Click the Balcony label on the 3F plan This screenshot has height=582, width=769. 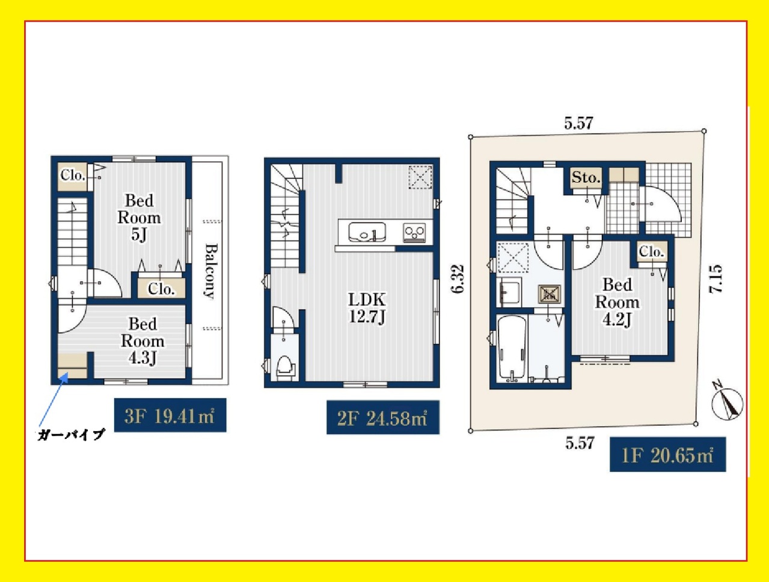coord(211,271)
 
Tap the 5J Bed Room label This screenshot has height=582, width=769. coord(139,218)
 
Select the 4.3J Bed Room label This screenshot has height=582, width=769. coord(142,341)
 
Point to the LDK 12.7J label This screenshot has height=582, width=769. coord(367,308)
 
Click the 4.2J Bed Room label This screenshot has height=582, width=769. coord(617,302)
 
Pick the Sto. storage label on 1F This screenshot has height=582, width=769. coord(586,177)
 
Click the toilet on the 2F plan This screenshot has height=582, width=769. coord(285,369)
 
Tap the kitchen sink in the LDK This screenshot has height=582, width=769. coord(367,232)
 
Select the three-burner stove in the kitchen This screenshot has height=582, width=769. coord(415,232)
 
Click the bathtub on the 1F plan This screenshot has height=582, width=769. coord(512,349)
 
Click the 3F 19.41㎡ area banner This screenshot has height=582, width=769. coord(170,415)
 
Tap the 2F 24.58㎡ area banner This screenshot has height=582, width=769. coord(383,417)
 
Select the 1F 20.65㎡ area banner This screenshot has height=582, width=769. coord(668,454)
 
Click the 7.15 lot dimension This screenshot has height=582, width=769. coord(715,279)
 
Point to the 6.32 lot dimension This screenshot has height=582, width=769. coord(458,279)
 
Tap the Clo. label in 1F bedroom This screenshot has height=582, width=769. coord(651,251)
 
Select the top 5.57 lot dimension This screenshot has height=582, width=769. coord(579,123)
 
